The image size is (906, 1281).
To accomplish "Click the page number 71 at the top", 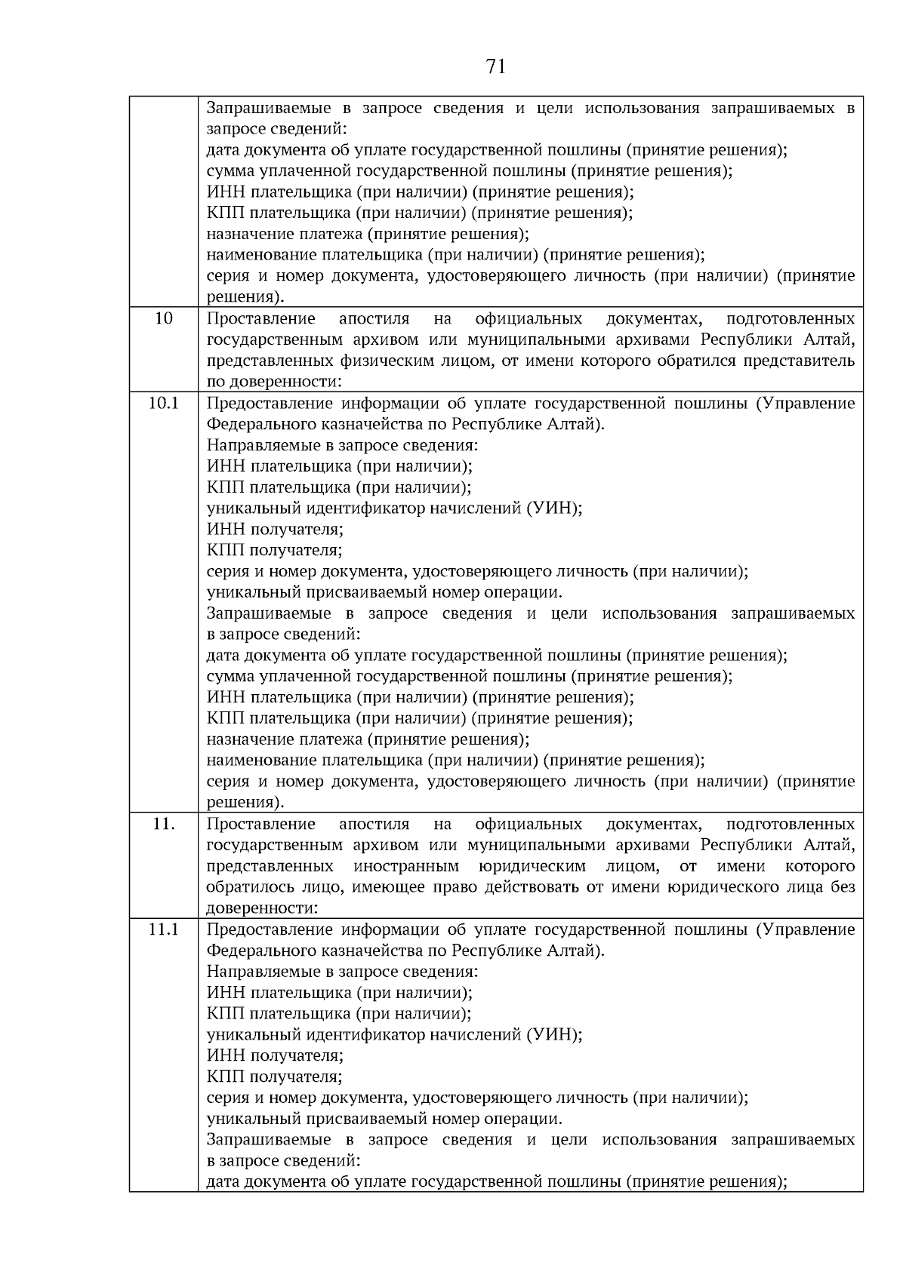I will point(495,67).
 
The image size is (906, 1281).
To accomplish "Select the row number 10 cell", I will point(164,318).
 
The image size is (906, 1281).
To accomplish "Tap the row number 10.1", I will point(164,403).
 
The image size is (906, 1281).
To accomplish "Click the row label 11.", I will point(164,824).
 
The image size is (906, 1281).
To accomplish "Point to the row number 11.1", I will point(164,929).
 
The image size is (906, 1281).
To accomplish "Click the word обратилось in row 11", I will point(245,887).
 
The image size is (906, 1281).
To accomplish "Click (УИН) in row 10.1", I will point(553,508).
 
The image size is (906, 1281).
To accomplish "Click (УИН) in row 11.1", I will point(553,1035).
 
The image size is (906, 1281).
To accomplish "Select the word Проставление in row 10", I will point(260,318).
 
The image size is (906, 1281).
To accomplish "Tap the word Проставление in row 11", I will point(260,824).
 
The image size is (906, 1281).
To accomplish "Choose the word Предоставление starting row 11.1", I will point(269,929).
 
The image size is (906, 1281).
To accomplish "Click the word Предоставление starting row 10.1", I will point(269,403).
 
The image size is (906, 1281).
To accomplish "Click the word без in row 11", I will point(843,887).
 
